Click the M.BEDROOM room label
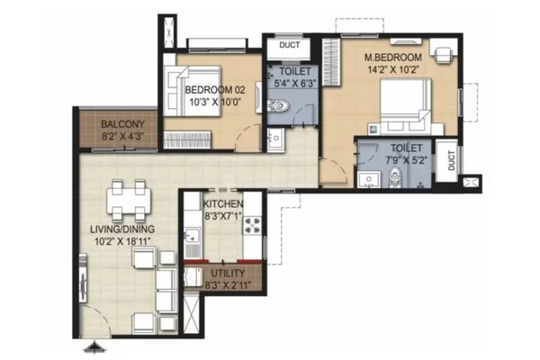click(393, 57)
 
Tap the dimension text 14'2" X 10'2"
click(393, 70)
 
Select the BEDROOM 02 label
click(215, 90)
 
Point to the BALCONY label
click(122, 123)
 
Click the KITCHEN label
click(223, 204)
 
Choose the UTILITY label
click(228, 274)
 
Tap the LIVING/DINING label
click(122, 229)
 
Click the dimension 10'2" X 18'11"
click(123, 241)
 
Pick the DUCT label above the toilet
click(289, 45)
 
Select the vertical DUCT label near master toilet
click(452, 160)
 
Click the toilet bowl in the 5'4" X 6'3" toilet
click(278, 105)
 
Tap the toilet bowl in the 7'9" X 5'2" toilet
click(395, 176)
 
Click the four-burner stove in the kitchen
click(252, 225)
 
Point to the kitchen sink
click(193, 234)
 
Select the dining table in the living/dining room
click(129, 201)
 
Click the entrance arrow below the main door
click(94, 347)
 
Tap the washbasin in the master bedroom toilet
click(368, 180)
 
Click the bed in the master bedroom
click(406, 106)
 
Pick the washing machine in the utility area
click(193, 276)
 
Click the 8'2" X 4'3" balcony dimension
click(122, 136)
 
